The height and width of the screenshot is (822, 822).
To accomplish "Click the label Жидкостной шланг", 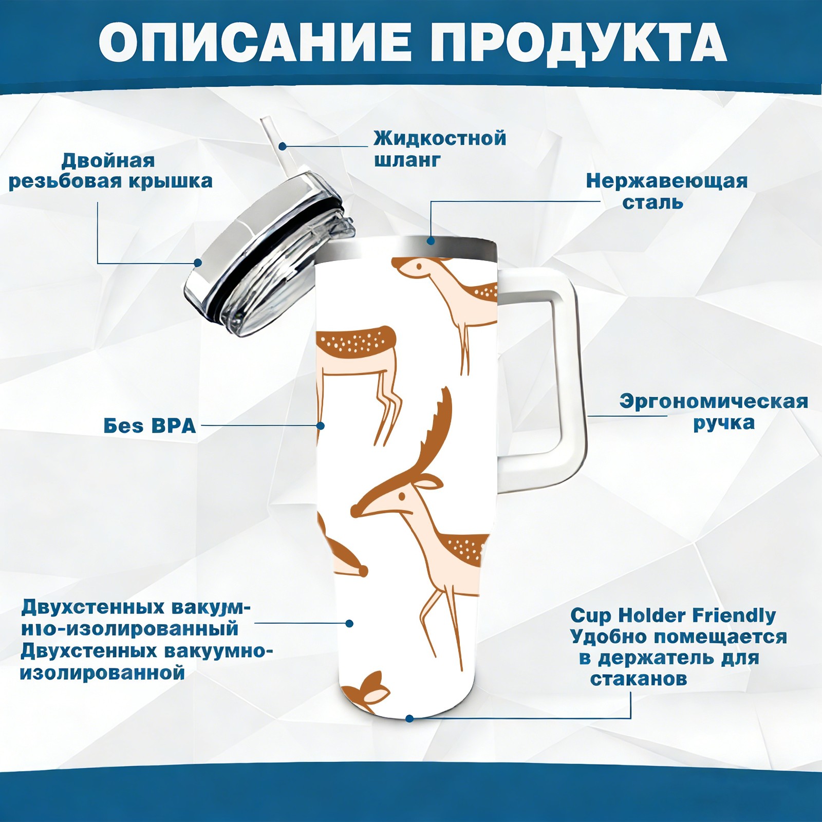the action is pyautogui.click(x=440, y=149).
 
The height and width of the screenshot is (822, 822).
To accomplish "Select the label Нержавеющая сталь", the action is pyautogui.click(x=667, y=191).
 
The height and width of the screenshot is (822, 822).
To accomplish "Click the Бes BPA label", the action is pyautogui.click(x=150, y=425).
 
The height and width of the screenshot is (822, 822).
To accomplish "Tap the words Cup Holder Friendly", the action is pyautogui.click(x=673, y=615).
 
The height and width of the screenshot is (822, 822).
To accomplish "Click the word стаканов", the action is pyautogui.click(x=639, y=679).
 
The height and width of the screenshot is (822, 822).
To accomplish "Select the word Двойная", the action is pyautogui.click(x=108, y=161).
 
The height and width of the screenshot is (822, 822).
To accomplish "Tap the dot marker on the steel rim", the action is pyautogui.click(x=431, y=240).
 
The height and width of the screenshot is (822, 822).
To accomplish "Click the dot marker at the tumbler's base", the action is pyautogui.click(x=409, y=718).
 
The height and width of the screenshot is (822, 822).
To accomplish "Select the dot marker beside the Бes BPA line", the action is pyautogui.click(x=321, y=425).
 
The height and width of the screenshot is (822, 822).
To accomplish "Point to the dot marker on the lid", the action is pyautogui.click(x=198, y=263).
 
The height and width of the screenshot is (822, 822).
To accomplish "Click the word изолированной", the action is pyautogui.click(x=102, y=672).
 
